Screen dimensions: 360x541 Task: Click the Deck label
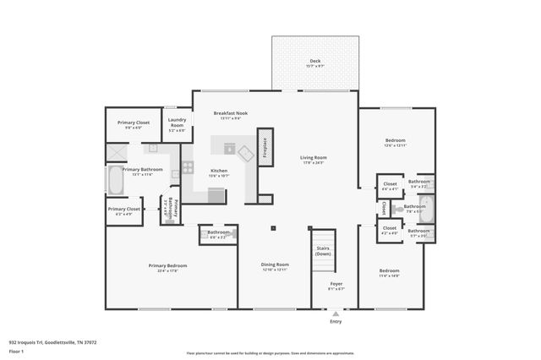point(314,62)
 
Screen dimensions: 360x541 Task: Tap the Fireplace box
point(265,147)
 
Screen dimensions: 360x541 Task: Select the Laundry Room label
point(177,122)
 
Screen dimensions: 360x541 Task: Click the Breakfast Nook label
point(230,112)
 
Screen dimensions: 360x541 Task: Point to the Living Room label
point(313,157)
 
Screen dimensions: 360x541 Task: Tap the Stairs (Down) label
point(323,250)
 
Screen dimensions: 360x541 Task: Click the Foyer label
point(336,283)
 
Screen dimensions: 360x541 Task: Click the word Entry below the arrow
point(336,322)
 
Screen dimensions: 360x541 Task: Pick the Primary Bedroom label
point(167,265)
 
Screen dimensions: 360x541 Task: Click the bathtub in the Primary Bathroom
point(113,180)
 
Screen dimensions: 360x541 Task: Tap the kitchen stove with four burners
point(188,167)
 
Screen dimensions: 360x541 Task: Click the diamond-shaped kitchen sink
point(246,154)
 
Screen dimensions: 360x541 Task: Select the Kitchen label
point(219,171)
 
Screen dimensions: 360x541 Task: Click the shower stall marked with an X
point(116,153)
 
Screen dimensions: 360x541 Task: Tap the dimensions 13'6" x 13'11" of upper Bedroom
point(396,145)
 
